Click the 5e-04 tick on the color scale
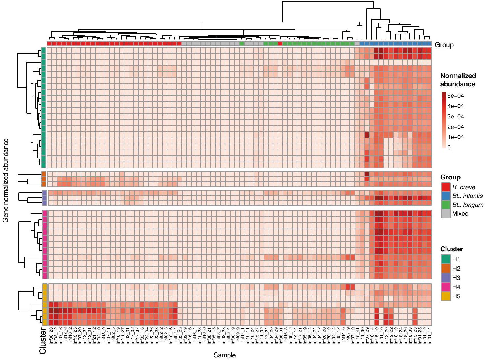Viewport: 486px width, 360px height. [455, 96]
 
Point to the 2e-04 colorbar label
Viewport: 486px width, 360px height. [455, 127]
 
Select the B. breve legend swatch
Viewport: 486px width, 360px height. [446, 187]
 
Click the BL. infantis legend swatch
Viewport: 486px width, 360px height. [446, 196]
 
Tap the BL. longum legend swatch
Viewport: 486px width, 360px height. [446, 205]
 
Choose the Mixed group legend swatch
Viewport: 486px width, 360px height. [446, 214]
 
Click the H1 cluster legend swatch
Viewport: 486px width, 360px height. [446, 259]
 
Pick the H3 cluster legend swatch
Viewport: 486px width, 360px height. [446, 278]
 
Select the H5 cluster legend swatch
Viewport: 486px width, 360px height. [446, 296]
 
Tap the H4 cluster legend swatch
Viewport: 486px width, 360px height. [446, 287]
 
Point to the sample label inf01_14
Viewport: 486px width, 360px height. [429, 336]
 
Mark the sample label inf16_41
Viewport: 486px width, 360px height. [357, 336]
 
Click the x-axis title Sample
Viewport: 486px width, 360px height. [224, 355]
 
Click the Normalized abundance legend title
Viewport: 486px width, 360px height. [458, 80]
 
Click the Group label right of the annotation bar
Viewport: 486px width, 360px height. [444, 45]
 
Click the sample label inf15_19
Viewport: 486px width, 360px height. [376, 336]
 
